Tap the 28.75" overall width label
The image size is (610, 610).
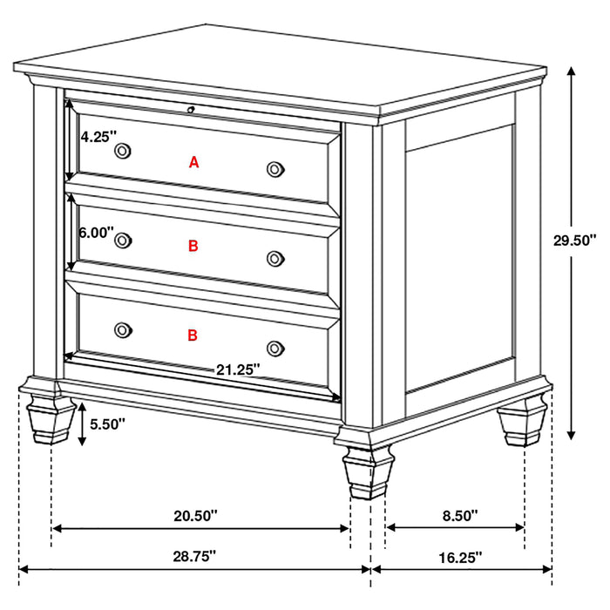194,553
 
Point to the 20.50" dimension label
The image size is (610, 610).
195,516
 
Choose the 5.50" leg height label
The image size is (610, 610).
107,424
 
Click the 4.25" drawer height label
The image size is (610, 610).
95,136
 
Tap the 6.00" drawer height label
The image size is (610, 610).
96,233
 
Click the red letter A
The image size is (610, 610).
193,161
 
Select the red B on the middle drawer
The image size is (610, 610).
193,247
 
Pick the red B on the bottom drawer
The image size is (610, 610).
193,334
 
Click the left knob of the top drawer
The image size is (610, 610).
122,152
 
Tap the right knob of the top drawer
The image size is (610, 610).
275,168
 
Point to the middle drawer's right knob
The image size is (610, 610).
275,257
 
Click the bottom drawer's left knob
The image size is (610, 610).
122,329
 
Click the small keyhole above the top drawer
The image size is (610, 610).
191,109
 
